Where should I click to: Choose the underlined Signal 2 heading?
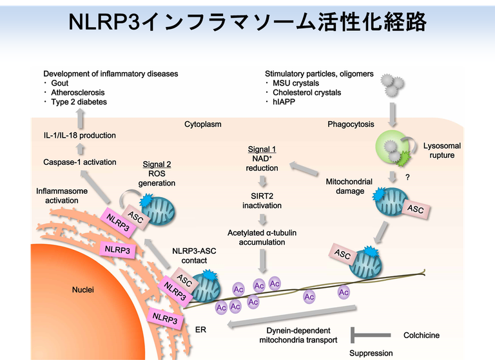(x=157, y=164)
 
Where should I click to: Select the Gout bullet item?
(x=59, y=84)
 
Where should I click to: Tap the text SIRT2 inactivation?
(x=262, y=200)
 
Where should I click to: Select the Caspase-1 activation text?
(x=80, y=162)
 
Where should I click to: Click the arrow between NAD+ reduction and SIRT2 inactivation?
(x=262, y=182)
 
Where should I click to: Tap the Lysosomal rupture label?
(x=442, y=151)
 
